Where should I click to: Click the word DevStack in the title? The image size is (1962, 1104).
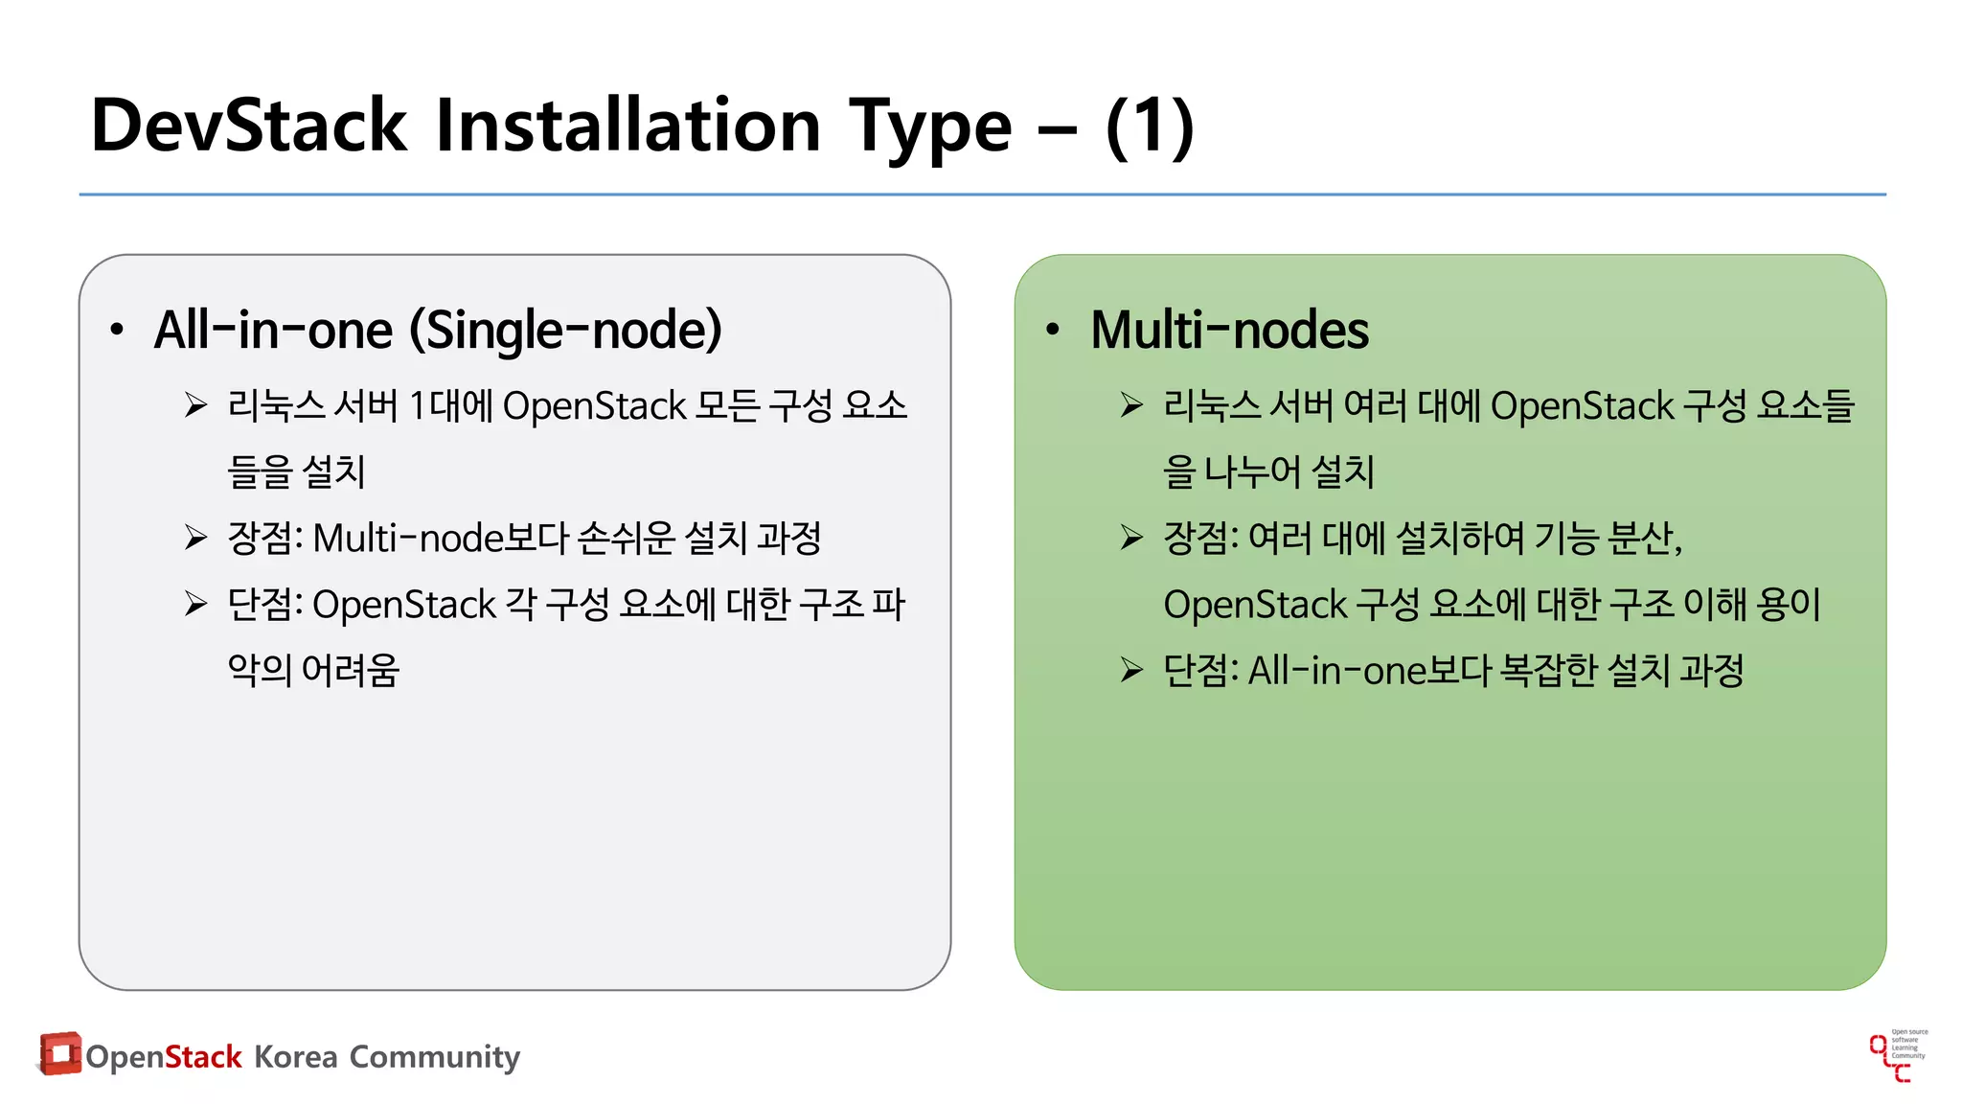click(x=249, y=126)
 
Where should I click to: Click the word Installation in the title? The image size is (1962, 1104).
click(x=627, y=126)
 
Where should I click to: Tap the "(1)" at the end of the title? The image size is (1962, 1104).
click(x=1150, y=126)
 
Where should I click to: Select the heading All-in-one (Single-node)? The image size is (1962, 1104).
click(x=438, y=330)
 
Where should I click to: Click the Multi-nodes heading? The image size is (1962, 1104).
click(x=1229, y=330)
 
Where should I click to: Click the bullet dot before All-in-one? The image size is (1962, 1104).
click(x=117, y=331)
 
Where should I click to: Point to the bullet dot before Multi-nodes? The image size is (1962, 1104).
click(x=1053, y=331)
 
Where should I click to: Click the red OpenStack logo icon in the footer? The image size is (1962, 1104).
click(x=59, y=1053)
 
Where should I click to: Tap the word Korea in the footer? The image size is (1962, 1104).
click(x=295, y=1056)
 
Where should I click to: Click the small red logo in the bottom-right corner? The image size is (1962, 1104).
click(x=1897, y=1057)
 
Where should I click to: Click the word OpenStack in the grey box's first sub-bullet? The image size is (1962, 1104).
click(x=594, y=406)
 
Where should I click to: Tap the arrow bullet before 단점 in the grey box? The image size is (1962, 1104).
click(x=196, y=604)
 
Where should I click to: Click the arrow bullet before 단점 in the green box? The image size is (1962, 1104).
click(x=1131, y=670)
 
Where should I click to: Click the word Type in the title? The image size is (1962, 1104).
click(x=930, y=126)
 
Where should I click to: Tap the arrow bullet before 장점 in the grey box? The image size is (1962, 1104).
click(x=196, y=538)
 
